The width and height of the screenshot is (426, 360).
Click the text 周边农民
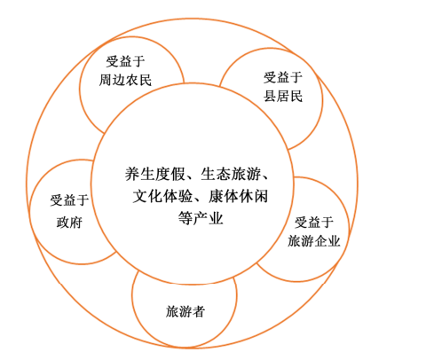pyautogui.click(x=125, y=80)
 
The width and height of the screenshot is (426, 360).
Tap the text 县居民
pyautogui.click(x=283, y=96)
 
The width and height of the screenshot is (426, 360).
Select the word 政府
pyautogui.click(x=69, y=223)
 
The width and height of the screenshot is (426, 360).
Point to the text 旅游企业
pyautogui.click(x=314, y=241)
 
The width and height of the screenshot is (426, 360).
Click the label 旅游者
pyautogui.click(x=185, y=311)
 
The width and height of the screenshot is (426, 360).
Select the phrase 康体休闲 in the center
pyautogui.click(x=239, y=196)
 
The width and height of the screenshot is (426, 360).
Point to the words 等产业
pyautogui.click(x=201, y=219)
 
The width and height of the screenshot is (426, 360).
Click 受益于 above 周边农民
pyautogui.click(x=125, y=61)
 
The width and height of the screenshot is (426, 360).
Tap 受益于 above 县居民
pyautogui.click(x=283, y=77)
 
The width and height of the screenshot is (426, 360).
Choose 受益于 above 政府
pyautogui.click(x=69, y=200)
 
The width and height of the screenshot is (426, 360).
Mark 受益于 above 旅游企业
pyautogui.click(x=314, y=223)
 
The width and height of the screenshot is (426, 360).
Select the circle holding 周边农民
pyautogui.click(x=80, y=89)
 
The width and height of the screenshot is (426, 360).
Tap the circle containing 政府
pyautogui.click(x=30, y=212)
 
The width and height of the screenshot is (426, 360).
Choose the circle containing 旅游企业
pyautogui.click(x=349, y=230)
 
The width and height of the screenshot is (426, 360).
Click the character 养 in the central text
pyautogui.click(x=132, y=174)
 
